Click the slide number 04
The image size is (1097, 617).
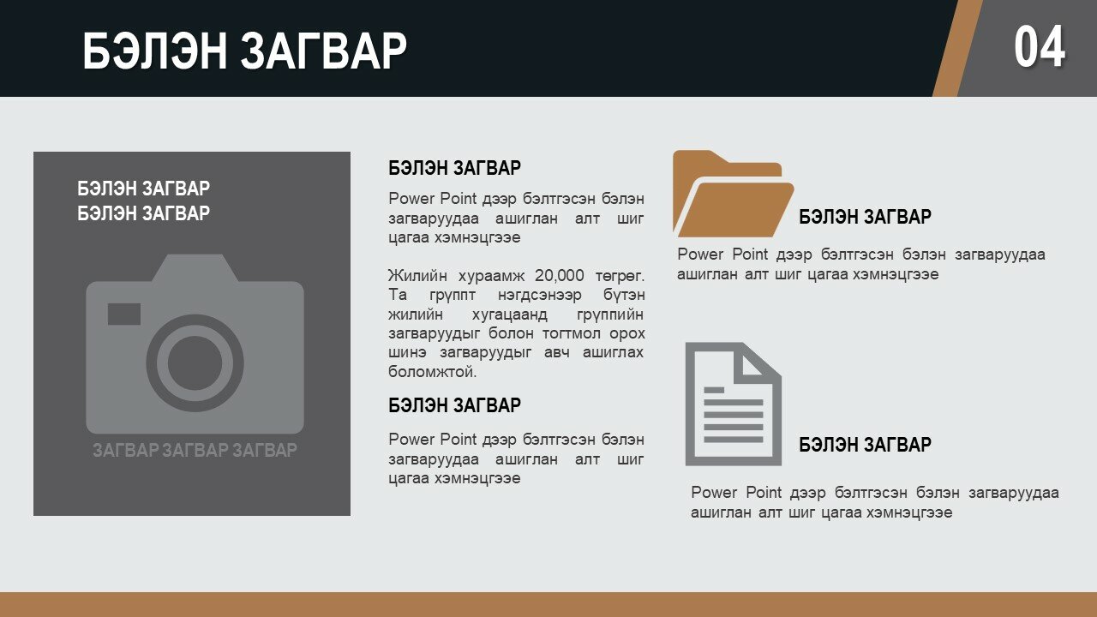click(1040, 47)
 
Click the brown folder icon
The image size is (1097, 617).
click(733, 194)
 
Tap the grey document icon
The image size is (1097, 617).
click(733, 404)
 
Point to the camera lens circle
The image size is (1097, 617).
click(195, 362)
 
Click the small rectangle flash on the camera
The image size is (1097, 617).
click(124, 314)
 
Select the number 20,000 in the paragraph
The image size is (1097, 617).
click(560, 276)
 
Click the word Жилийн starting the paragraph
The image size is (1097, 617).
click(417, 276)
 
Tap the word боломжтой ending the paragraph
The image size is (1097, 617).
click(433, 372)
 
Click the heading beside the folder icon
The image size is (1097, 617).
click(865, 217)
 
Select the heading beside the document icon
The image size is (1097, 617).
click(865, 445)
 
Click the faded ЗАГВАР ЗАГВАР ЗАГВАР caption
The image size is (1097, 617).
click(195, 450)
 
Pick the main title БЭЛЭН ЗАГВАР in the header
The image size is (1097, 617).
click(244, 51)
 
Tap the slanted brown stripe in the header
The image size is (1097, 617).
click(958, 48)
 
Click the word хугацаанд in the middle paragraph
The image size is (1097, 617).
click(509, 314)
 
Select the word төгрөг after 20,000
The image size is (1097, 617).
click(620, 276)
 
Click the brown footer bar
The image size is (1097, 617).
click(548, 604)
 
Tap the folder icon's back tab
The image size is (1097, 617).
click(728, 164)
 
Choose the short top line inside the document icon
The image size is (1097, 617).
click(714, 390)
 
